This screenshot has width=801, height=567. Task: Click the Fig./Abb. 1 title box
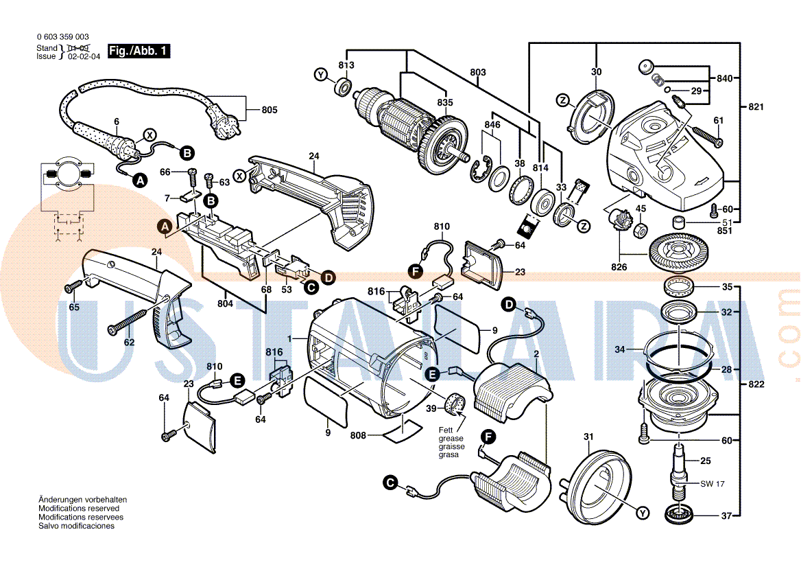coord(139,51)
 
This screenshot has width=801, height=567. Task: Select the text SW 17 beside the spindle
coord(712,484)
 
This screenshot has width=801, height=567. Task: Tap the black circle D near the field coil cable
coord(509,304)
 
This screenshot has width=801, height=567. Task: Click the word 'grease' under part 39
coord(451,438)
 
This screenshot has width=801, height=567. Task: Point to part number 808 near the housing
coord(357,435)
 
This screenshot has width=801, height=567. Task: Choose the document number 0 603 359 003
coord(62,36)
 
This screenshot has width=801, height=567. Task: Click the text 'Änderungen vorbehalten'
coord(82,500)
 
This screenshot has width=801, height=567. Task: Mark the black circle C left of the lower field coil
coord(390,483)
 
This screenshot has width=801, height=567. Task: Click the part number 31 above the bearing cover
coord(588,437)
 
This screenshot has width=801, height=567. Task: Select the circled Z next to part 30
coord(563,101)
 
